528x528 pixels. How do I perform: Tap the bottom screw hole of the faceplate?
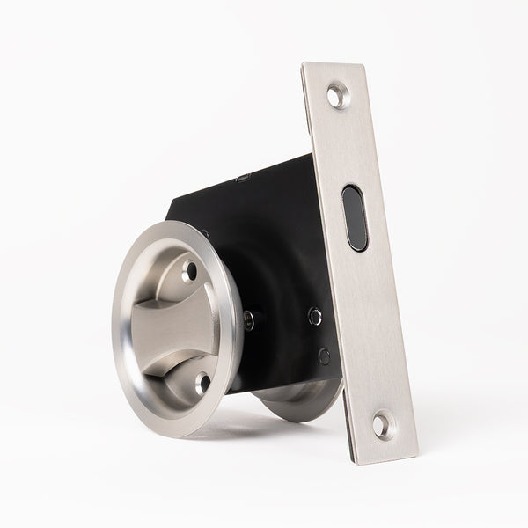pyautogui.click(x=379, y=426)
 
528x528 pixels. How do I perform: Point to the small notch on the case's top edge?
pyautogui.click(x=244, y=179)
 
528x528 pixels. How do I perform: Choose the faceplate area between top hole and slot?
pyautogui.click(x=346, y=141)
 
